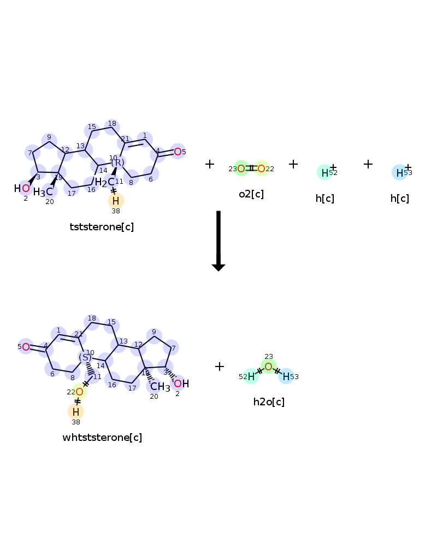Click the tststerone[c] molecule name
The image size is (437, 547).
[102, 226]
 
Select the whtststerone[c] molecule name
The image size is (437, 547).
[102, 437]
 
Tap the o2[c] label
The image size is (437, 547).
[251, 194]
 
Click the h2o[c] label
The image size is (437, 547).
[269, 401]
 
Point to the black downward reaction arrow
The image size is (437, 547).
[218, 241]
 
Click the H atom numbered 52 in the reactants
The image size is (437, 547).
[324, 173]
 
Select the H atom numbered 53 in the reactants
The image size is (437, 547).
[399, 173]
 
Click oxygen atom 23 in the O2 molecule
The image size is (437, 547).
[241, 168]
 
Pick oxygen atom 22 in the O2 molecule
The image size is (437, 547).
[261, 168]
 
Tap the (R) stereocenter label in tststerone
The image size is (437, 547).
[117, 162]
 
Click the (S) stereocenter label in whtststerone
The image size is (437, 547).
[85, 357]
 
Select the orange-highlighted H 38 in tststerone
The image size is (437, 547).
[116, 200]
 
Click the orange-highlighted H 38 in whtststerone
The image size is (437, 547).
[76, 411]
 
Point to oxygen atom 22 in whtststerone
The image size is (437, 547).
[79, 392]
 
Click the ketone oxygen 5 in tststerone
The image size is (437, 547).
[178, 152]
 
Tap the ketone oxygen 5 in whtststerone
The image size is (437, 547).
[26, 347]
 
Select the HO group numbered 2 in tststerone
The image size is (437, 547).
[22, 189]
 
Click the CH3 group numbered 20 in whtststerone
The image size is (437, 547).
[160, 387]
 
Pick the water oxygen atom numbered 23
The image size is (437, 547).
[268, 366]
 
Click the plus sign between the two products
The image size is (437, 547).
[220, 366]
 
